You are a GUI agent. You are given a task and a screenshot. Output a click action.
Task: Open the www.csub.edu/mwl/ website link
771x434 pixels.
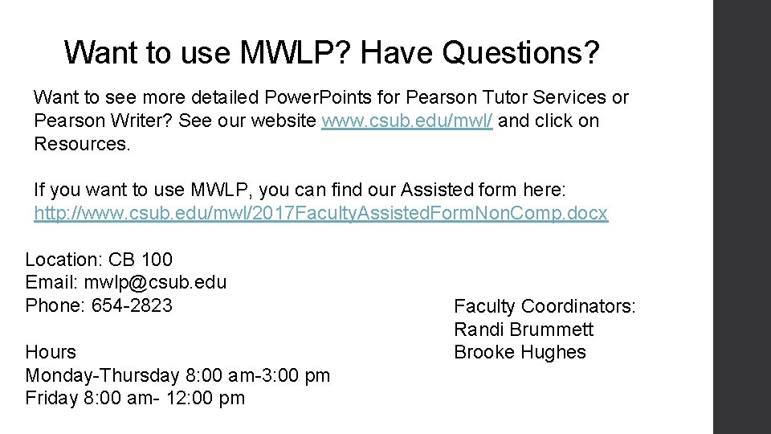(407, 121)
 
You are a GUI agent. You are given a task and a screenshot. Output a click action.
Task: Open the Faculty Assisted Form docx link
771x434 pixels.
(320, 213)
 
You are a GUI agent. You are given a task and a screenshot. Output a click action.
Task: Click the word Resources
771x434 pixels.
(81, 144)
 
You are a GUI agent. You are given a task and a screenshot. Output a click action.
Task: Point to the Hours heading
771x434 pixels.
(51, 352)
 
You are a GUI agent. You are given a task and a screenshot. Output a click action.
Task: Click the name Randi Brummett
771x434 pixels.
(524, 330)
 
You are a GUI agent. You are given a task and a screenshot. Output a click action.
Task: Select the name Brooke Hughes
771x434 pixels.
(520, 352)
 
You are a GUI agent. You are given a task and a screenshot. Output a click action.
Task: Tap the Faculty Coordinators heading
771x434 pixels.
(545, 306)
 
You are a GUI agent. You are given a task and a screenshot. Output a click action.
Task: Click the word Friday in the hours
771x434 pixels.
(51, 398)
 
